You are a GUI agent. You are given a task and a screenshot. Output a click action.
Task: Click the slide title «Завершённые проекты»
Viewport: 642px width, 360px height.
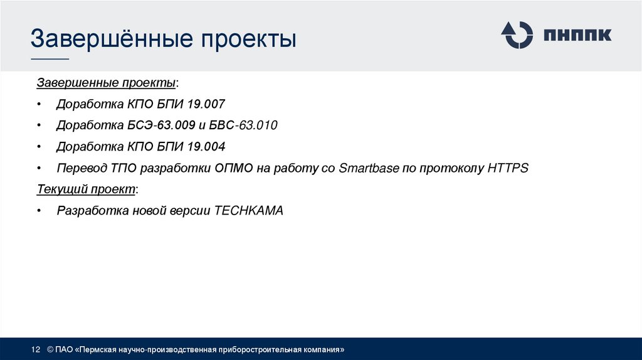[164, 39]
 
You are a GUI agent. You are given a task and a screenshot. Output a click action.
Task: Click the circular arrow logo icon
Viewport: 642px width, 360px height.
[516, 34]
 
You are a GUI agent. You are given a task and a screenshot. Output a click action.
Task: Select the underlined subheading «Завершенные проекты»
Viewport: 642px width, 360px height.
[107, 83]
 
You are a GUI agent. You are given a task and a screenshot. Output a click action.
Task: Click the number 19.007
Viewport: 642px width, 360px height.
[204, 104]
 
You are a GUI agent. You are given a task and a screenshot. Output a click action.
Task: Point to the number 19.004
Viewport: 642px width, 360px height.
[204, 147]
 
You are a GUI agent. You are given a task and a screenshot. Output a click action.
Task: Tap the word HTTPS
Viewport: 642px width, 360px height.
[508, 168]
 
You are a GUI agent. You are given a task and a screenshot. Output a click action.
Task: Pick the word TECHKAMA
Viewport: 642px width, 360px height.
[249, 211]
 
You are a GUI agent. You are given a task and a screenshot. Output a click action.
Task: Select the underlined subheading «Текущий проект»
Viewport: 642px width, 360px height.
[86, 189]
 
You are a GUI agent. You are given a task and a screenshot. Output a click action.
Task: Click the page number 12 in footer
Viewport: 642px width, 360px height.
[36, 349]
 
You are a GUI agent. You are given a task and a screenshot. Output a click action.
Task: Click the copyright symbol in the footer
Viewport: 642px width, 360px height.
[50, 349]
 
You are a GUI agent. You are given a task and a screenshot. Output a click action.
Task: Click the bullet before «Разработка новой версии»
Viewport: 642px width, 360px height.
[39, 211]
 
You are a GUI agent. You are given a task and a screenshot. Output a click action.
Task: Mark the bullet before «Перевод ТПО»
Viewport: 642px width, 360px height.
[39, 169]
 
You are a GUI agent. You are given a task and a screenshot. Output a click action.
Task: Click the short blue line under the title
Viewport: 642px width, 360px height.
[50, 60]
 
